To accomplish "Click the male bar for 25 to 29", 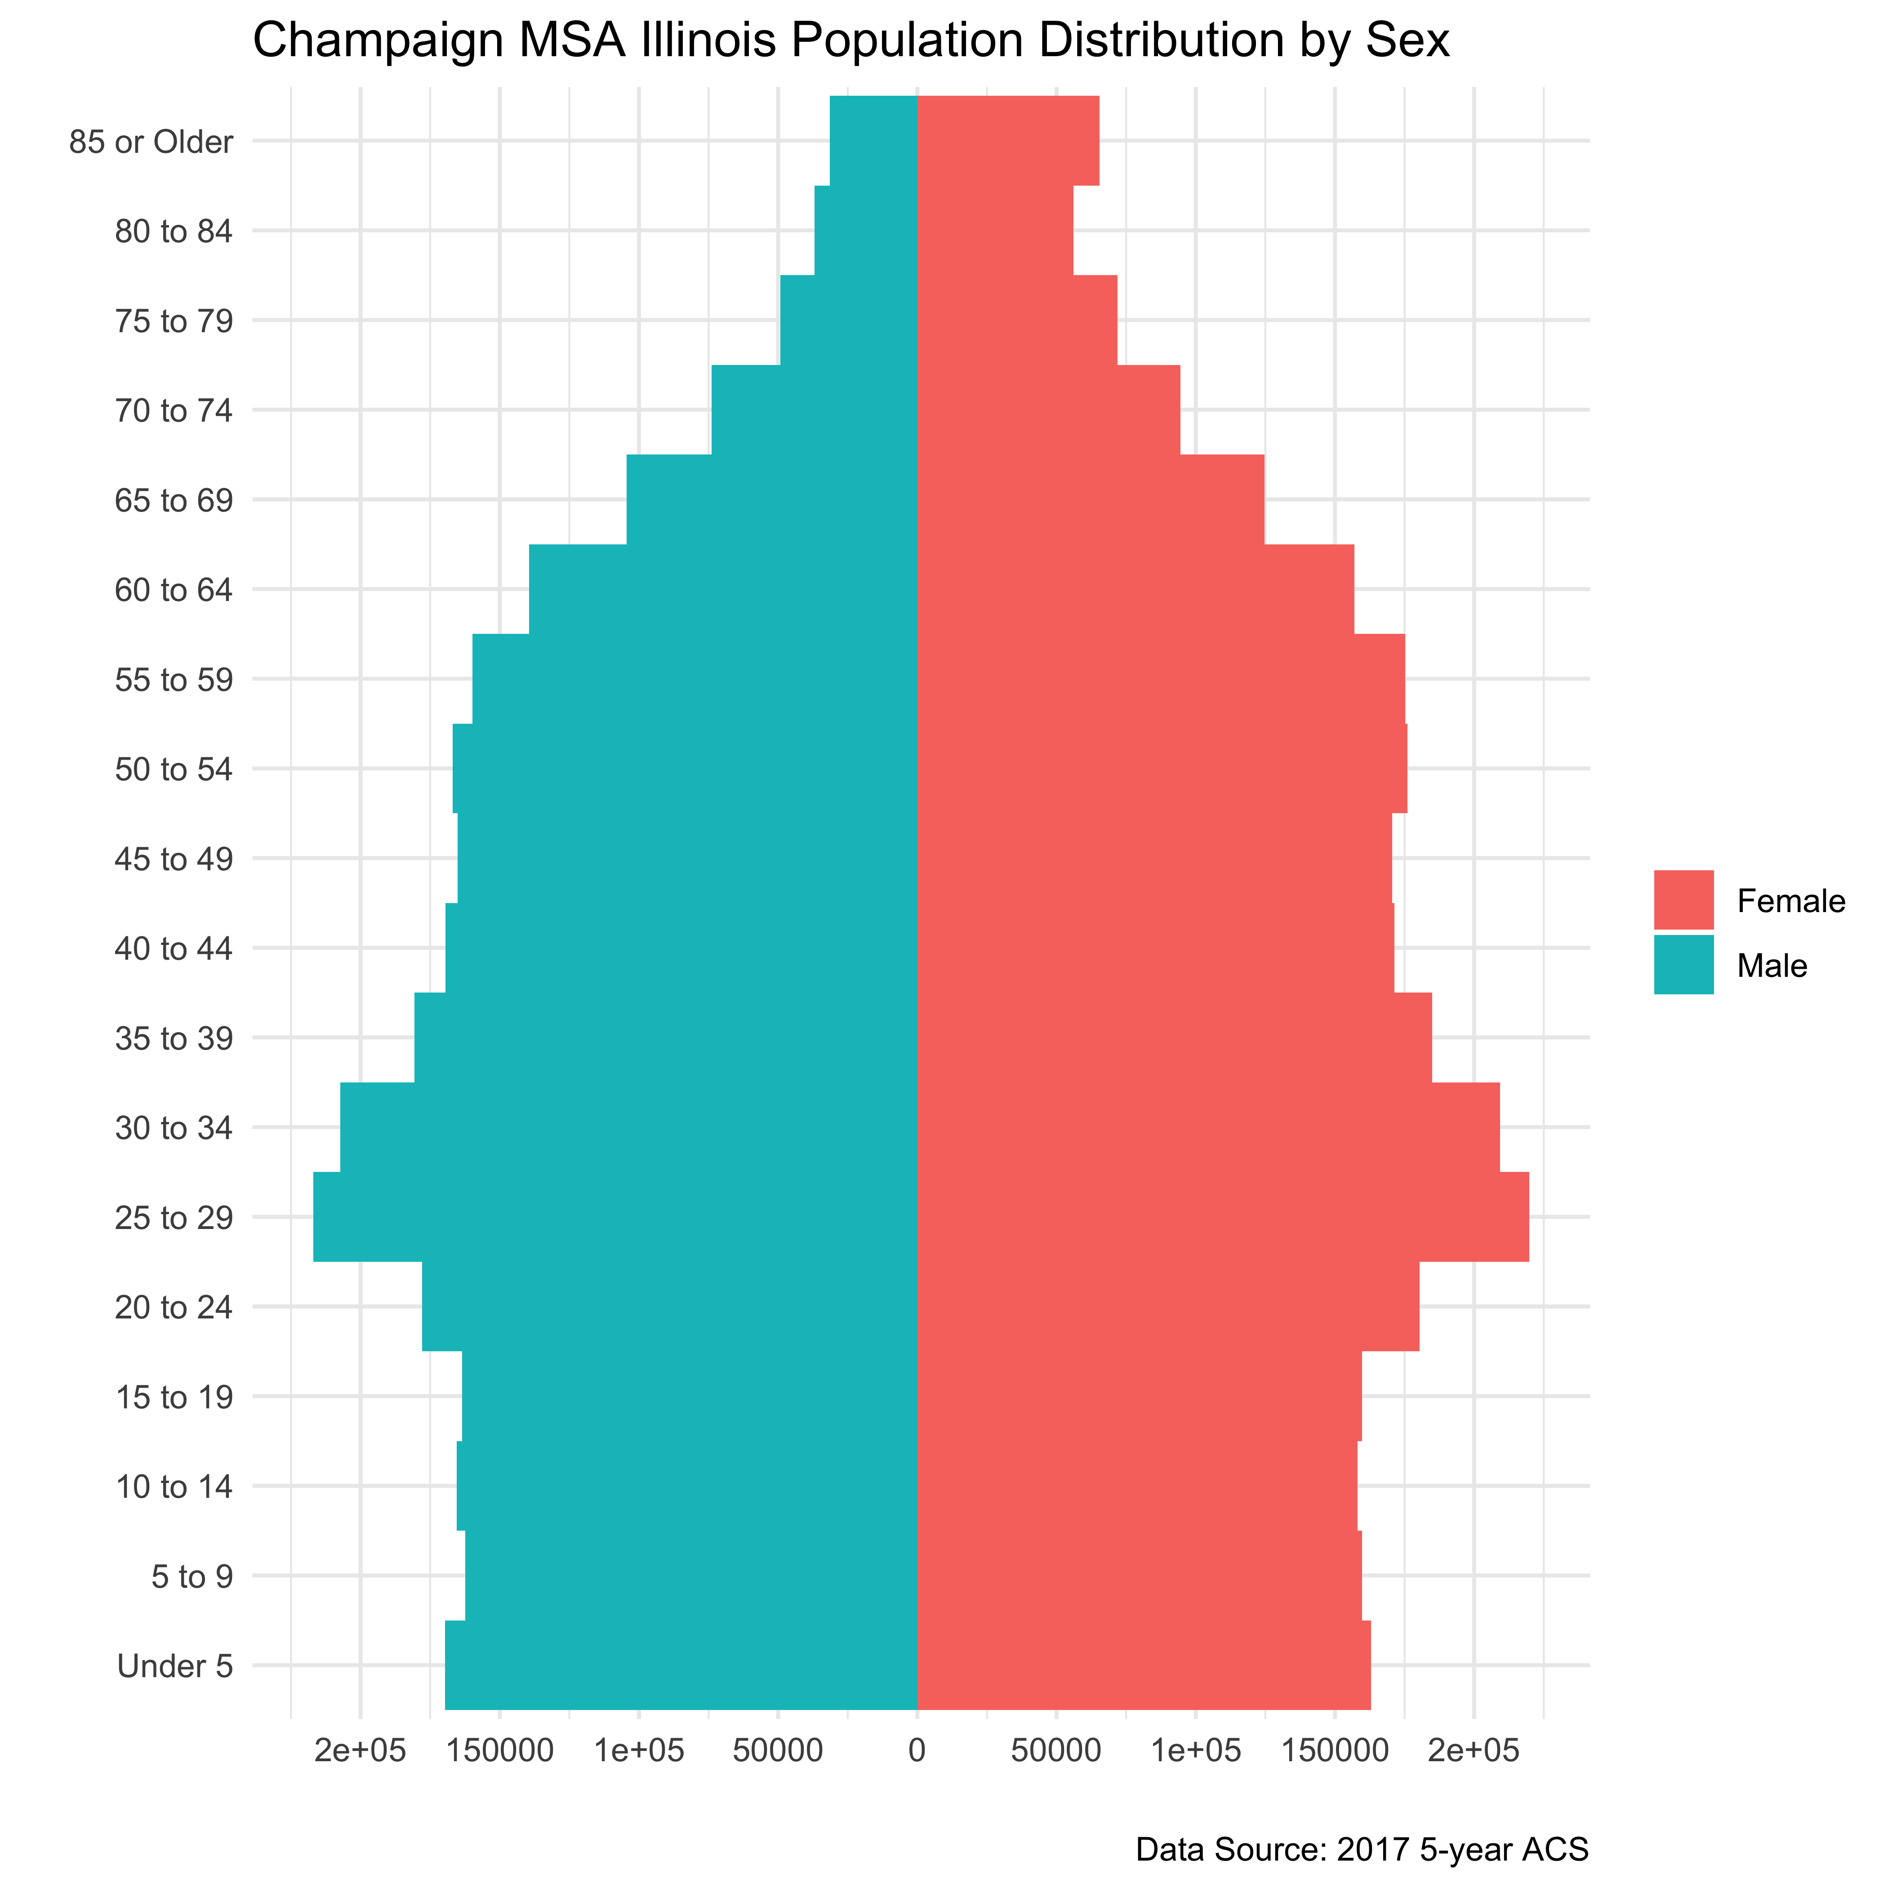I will tap(616, 1217).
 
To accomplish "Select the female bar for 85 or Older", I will tap(1007, 141).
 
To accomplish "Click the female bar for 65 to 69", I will tap(1091, 499).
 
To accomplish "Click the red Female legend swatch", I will tap(1683, 899).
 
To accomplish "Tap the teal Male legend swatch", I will tap(1683, 965).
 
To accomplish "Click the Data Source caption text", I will tap(1361, 1849).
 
